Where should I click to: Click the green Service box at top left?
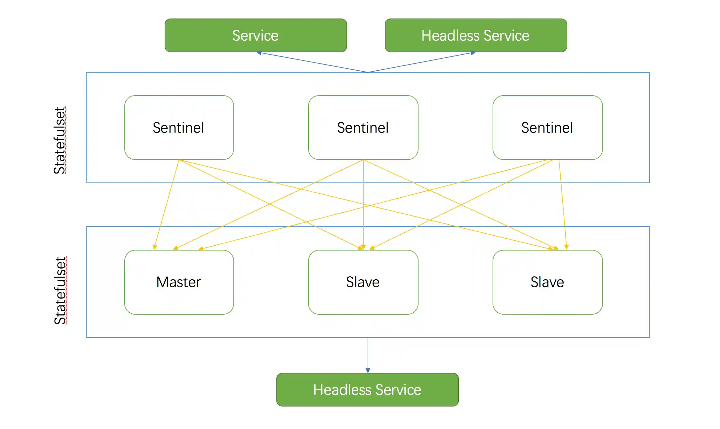(x=256, y=35)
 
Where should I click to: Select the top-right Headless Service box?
(x=476, y=35)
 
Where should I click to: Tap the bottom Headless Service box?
(x=367, y=390)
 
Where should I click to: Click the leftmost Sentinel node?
(x=179, y=128)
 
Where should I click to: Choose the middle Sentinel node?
(x=363, y=128)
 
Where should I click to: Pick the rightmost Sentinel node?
(x=547, y=128)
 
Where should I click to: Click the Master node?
(x=179, y=282)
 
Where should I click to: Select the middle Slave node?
(x=363, y=282)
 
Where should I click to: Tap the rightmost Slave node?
(x=547, y=282)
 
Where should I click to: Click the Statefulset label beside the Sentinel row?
(x=60, y=140)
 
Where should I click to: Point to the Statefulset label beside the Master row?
(x=60, y=291)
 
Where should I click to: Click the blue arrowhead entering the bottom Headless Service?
(x=368, y=370)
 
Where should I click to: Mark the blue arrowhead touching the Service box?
(x=259, y=53)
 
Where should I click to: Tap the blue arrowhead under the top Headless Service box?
(x=473, y=53)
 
